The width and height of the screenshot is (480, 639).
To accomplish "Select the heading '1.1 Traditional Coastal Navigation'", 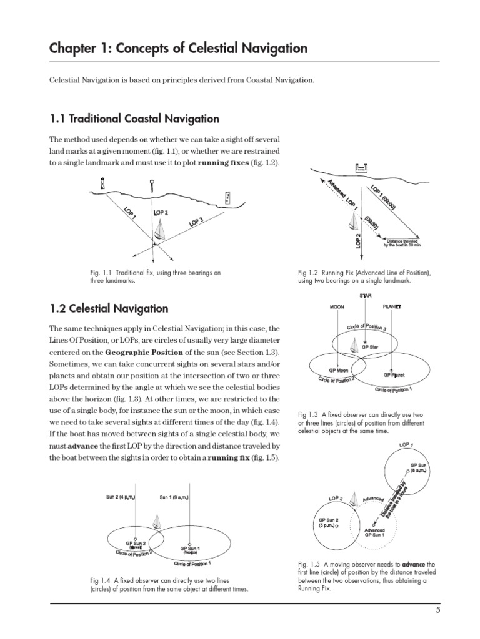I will [134, 119].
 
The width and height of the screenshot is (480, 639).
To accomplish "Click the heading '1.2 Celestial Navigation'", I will [109, 308].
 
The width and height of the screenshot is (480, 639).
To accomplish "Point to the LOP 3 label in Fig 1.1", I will [196, 222].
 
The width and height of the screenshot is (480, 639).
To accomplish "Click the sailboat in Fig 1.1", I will [161, 232].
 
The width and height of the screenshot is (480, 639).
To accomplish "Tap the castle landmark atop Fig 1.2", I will [361, 168].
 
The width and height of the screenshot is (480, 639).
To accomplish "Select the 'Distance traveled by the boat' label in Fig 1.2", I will [402, 243].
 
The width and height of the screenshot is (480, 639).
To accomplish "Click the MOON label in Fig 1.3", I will [337, 307].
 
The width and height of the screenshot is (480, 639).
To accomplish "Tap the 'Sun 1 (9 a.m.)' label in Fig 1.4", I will [175, 497].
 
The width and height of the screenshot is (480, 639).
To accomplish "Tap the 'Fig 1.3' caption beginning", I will [309, 414].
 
